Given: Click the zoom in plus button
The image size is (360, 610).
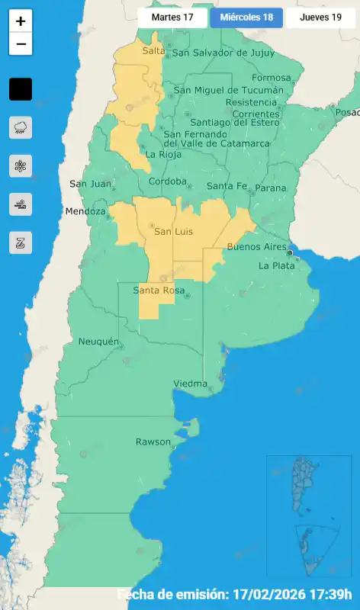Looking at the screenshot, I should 21,21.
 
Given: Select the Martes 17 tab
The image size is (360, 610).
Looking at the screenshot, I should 172,17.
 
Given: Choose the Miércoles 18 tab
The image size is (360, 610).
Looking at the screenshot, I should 246,17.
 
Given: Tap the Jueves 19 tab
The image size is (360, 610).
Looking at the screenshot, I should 320,17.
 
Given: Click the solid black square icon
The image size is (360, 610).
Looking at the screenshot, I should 21,89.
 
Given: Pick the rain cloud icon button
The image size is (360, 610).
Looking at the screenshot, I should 21,127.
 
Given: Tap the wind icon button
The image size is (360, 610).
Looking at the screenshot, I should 21,204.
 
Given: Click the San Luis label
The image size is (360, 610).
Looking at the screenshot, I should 173,231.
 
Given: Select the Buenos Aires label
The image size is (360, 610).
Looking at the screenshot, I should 256,247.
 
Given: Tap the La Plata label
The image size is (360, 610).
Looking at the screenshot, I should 275,266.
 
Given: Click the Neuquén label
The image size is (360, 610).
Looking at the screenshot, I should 98,342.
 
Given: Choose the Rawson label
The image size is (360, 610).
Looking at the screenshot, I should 153,442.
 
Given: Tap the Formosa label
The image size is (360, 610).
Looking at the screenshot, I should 271,78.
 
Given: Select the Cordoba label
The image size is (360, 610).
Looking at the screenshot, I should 167,181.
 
